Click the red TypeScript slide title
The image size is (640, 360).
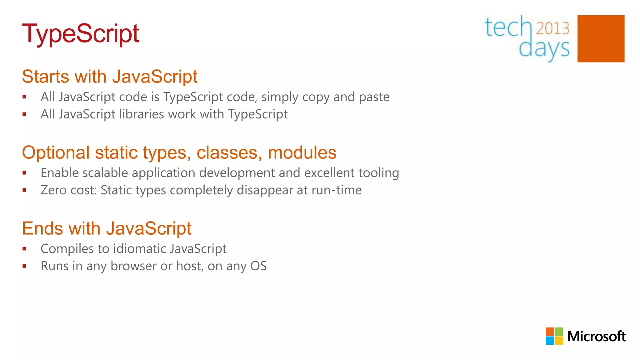(x=80, y=34)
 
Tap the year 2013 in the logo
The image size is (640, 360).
(x=552, y=28)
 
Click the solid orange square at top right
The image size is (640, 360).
(x=601, y=39)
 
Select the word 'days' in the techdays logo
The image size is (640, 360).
(x=544, y=49)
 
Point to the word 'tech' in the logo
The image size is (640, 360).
(x=508, y=27)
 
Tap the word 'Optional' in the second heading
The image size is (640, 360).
(x=56, y=153)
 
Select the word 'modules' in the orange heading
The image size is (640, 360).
(x=302, y=153)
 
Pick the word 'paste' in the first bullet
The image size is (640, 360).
(x=374, y=97)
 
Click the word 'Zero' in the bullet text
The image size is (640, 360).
(x=53, y=190)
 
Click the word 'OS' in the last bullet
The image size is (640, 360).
(x=258, y=266)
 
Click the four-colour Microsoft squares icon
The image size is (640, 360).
(x=554, y=336)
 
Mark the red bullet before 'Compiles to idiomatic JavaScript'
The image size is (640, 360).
(x=24, y=249)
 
